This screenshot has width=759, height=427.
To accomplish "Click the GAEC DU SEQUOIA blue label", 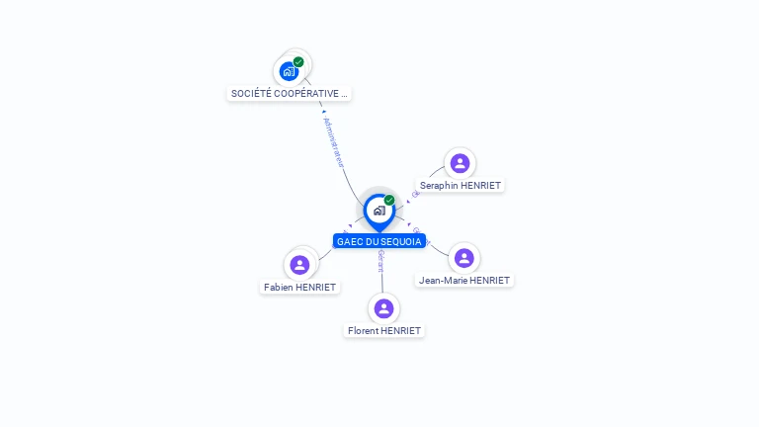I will [379, 241].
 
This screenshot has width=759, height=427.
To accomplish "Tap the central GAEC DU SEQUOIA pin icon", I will [379, 211].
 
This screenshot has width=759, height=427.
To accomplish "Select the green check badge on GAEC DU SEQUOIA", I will [389, 201].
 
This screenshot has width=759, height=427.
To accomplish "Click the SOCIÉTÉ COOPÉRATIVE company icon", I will [289, 71].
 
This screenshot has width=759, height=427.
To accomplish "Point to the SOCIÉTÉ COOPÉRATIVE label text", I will [289, 94].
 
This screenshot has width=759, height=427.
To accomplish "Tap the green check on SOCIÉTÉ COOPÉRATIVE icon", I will [298, 62].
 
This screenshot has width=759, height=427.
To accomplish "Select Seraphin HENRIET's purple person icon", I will [460, 163].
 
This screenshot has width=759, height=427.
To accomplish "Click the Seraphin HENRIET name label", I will [461, 185].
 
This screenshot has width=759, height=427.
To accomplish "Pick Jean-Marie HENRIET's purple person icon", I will [464, 258].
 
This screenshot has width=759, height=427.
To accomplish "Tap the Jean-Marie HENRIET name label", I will [464, 280].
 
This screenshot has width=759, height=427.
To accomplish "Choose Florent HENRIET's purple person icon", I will [384, 308].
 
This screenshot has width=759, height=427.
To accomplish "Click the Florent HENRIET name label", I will [384, 330].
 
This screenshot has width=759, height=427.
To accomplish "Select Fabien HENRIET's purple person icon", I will [300, 265].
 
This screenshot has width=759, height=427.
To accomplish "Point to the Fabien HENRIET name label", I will [300, 287].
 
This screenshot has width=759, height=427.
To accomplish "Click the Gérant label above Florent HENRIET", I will [381, 261].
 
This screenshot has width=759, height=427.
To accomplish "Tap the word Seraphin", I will [440, 185].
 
